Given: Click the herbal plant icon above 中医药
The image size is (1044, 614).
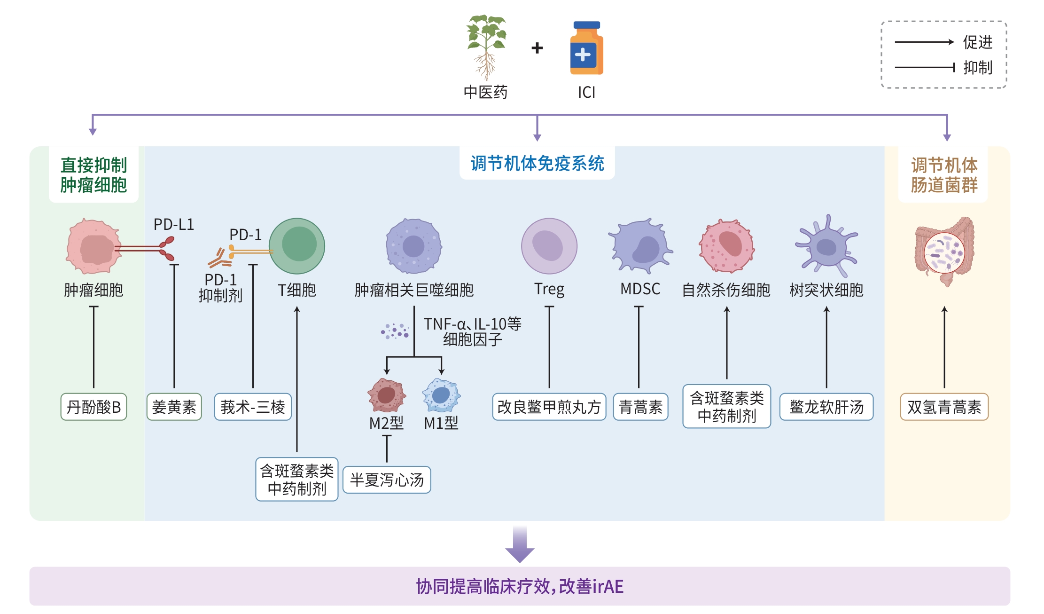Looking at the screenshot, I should [x=486, y=47].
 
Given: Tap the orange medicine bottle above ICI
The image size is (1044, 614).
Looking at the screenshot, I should [x=586, y=49].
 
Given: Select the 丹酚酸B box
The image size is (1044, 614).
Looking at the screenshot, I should [x=93, y=407].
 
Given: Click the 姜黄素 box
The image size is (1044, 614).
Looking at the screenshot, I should [x=174, y=407].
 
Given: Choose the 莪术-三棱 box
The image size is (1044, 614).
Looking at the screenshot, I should [x=253, y=407].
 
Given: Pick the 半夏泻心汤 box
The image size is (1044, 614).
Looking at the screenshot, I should [x=387, y=480].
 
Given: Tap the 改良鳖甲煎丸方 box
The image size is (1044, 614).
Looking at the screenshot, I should [x=549, y=407].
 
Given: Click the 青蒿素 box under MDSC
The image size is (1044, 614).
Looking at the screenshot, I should [x=640, y=407].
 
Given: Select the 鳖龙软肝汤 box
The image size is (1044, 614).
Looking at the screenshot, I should [x=826, y=407].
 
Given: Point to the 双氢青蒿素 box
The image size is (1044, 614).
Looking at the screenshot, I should [x=944, y=407].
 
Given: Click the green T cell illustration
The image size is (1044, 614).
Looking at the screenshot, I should [x=297, y=246].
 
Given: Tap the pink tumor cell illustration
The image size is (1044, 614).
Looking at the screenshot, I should [x=93, y=246].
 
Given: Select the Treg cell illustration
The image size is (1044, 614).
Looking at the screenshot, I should [x=549, y=246].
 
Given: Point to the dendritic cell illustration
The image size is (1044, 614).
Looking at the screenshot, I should [x=826, y=246].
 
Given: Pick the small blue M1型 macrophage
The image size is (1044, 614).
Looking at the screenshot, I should [x=441, y=395].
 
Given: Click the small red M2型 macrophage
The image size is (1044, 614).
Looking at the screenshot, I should [x=387, y=395].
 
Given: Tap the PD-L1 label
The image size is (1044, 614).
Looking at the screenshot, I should [x=174, y=225].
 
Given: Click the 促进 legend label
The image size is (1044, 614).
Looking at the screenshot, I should [x=978, y=42].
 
